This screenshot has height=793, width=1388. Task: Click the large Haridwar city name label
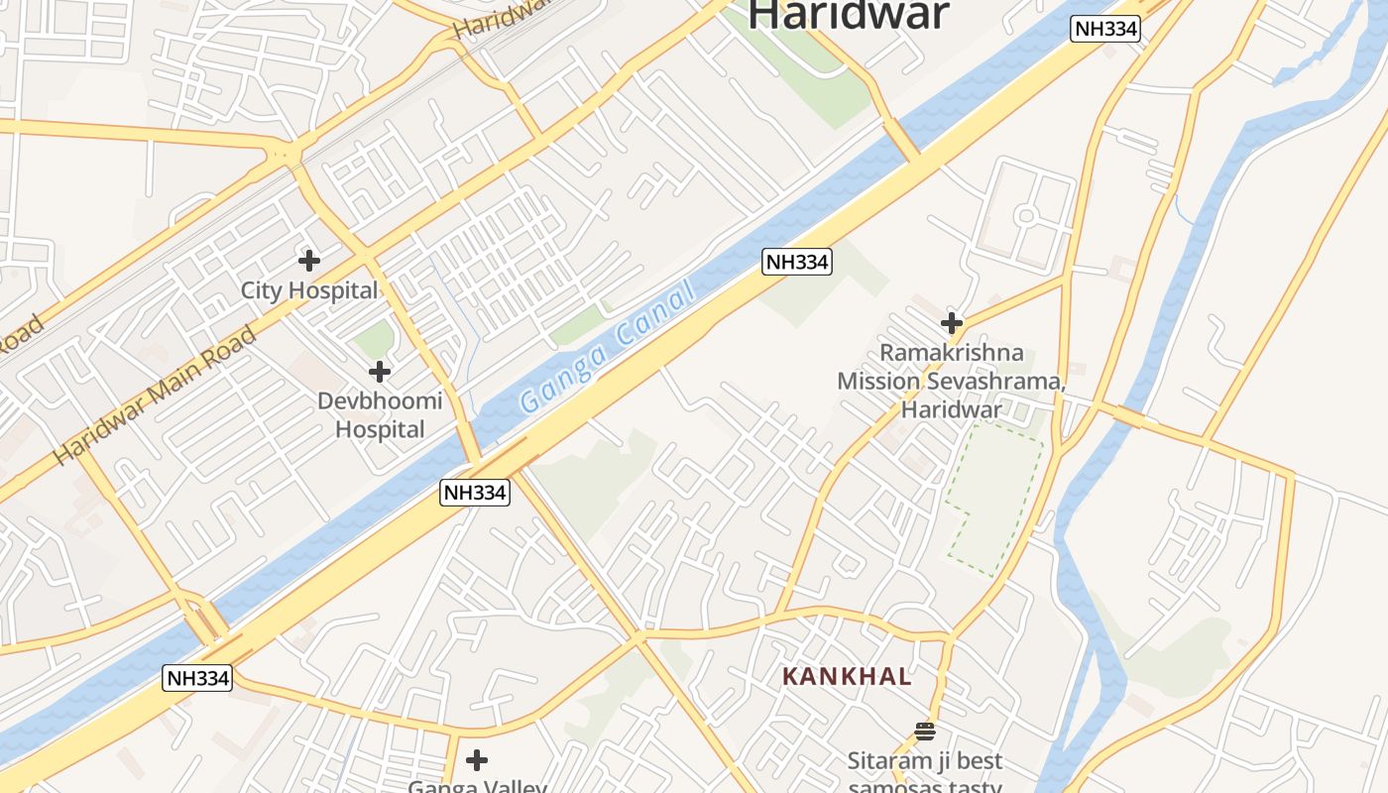coord(849,14)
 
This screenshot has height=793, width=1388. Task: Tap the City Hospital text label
coord(309,290)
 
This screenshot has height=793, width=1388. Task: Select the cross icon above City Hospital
coord(309,261)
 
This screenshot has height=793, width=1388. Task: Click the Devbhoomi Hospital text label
coord(380,415)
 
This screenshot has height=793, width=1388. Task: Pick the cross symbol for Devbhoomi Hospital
coord(379,373)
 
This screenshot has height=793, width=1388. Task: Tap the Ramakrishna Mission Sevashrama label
coord(951,381)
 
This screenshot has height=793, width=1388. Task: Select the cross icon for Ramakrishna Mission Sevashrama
coord(952,323)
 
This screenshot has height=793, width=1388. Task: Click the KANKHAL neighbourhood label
coord(847,677)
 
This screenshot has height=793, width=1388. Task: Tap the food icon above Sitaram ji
coord(925,732)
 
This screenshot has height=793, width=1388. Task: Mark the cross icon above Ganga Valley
coord(477,760)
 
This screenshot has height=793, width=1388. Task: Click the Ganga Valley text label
coord(477,787)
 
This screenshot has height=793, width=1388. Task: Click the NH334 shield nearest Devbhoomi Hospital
coord(475,493)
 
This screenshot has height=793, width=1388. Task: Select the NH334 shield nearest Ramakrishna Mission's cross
coord(796,262)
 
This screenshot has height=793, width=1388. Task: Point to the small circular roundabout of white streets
coord(1026,215)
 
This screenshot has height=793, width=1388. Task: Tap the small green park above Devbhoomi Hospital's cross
coord(375,340)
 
